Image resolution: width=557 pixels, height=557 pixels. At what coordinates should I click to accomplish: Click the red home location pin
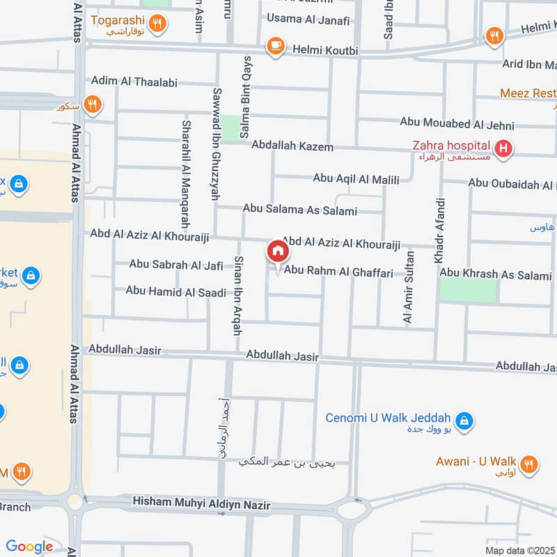(277, 251)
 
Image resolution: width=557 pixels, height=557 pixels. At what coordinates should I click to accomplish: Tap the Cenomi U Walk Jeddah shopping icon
(463, 421)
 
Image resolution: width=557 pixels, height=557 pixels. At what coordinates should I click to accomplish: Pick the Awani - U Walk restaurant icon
(529, 463)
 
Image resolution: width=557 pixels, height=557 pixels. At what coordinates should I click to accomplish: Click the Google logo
(29, 547)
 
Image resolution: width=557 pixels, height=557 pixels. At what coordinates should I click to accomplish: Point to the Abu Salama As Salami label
(299, 210)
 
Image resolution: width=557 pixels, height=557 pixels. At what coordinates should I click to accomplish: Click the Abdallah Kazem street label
(292, 146)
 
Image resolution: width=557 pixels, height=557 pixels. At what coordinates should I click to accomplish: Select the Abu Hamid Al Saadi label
(175, 291)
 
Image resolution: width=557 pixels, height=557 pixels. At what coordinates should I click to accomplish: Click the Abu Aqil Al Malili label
(356, 179)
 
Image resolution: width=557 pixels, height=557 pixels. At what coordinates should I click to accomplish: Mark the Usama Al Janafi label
(308, 19)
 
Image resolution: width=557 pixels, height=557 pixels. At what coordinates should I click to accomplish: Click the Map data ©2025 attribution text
(519, 550)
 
